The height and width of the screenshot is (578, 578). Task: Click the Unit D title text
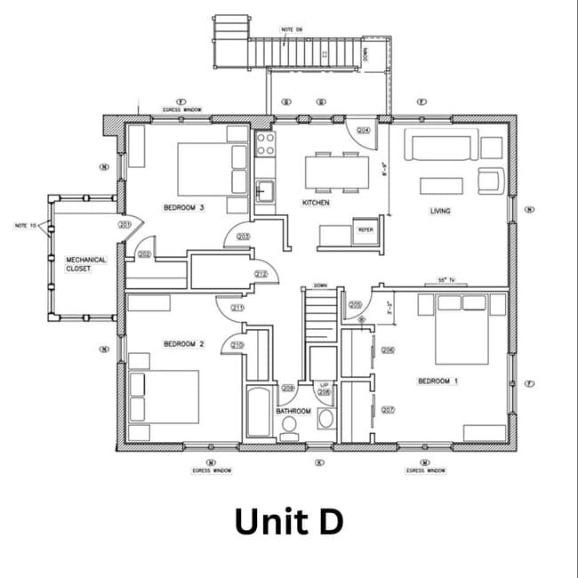tap(288, 522)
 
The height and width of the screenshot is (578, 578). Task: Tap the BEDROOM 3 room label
tap(184, 208)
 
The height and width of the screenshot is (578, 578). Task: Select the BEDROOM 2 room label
tap(184, 343)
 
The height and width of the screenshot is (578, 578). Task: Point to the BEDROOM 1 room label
tap(438, 381)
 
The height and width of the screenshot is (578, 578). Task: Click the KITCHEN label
tap(316, 203)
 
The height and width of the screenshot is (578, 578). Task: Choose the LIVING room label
tap(440, 211)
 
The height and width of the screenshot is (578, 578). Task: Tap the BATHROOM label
tap(293, 412)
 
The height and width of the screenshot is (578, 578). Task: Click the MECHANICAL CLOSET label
tap(86, 263)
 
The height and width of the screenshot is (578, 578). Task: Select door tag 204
tap(363, 130)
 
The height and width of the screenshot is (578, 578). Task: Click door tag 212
tap(261, 274)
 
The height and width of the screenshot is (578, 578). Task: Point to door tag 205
tap(356, 304)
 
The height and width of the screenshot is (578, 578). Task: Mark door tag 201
tap(124, 225)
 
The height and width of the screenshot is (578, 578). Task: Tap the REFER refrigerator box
tap(365, 229)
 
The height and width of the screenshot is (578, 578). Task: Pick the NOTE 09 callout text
tap(292, 29)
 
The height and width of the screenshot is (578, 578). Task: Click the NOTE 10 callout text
tap(26, 226)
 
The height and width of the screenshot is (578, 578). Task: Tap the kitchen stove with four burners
tap(264, 144)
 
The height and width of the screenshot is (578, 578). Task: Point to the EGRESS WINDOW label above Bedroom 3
tap(181, 110)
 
